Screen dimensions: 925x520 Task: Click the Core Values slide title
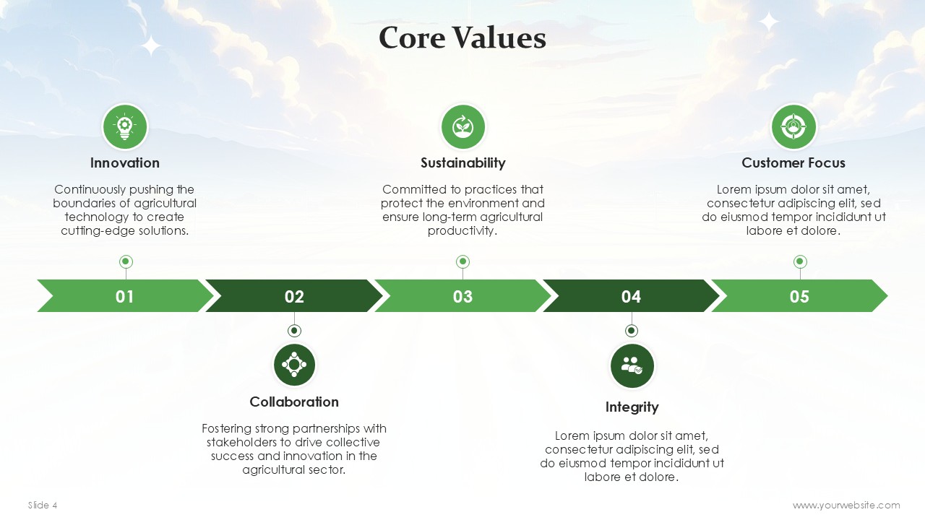pyautogui.click(x=462, y=38)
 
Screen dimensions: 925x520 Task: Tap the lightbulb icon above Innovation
pyautogui.click(x=125, y=126)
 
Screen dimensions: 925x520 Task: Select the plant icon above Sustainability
pyautogui.click(x=463, y=126)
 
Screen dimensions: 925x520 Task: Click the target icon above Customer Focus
pyautogui.click(x=793, y=126)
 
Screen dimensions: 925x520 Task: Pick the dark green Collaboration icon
pyautogui.click(x=294, y=365)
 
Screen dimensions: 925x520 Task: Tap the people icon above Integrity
pyautogui.click(x=632, y=365)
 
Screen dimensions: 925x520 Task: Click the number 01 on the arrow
pyautogui.click(x=125, y=296)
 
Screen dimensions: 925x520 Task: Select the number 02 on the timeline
pyautogui.click(x=294, y=296)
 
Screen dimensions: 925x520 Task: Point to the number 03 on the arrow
pyautogui.click(x=462, y=296)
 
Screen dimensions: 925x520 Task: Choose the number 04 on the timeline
pyautogui.click(x=631, y=296)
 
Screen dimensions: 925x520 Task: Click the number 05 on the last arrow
pyautogui.click(x=799, y=296)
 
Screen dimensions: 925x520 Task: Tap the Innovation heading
pyautogui.click(x=125, y=162)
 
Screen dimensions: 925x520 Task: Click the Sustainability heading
pyautogui.click(x=463, y=163)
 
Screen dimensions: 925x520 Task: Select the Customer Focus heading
pyautogui.click(x=793, y=162)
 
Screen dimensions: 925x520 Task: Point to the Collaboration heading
pyautogui.click(x=294, y=402)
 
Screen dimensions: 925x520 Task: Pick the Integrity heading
pyautogui.click(x=632, y=407)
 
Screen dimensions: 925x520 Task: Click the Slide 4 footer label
pyautogui.click(x=43, y=505)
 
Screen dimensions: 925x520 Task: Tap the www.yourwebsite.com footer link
pyautogui.click(x=846, y=506)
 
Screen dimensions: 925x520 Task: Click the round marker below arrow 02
pyautogui.click(x=294, y=331)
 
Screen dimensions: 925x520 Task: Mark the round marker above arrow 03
pyautogui.click(x=462, y=261)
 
